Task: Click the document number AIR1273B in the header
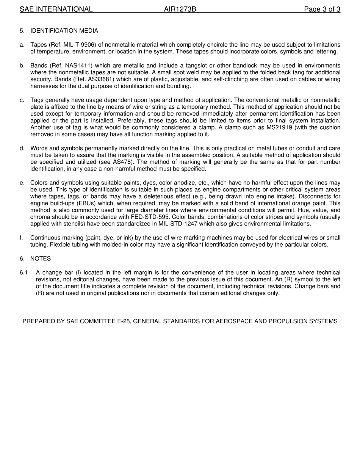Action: [x=180, y=9]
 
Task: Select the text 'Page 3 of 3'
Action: [x=322, y=9]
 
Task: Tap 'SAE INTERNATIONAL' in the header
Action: [x=56, y=9]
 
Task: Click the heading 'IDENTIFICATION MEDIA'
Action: [x=64, y=31]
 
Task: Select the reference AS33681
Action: [x=85, y=79]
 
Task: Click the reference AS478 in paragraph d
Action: [x=122, y=162]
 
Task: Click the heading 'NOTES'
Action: [x=41, y=258]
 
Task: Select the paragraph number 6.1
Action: [x=24, y=272]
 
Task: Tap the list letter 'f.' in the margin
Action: [x=22, y=238]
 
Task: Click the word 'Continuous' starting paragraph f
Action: [x=44, y=238]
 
